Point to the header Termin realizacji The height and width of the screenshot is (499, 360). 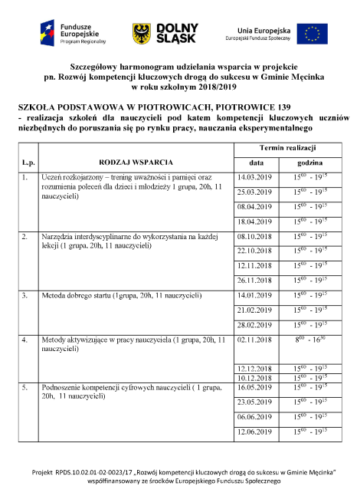click(x=287, y=147)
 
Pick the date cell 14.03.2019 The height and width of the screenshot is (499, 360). click(x=255, y=178)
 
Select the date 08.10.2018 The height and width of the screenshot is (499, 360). click(x=255, y=236)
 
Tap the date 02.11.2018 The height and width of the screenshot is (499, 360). click(x=255, y=339)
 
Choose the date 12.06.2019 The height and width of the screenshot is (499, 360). click(x=255, y=433)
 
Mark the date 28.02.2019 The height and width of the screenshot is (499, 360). click(x=255, y=324)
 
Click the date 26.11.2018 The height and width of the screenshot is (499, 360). click(x=255, y=280)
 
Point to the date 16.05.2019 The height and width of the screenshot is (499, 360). click(x=255, y=387)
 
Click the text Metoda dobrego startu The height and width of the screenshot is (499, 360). click(x=77, y=295)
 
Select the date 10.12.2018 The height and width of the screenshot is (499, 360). click(x=255, y=377)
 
